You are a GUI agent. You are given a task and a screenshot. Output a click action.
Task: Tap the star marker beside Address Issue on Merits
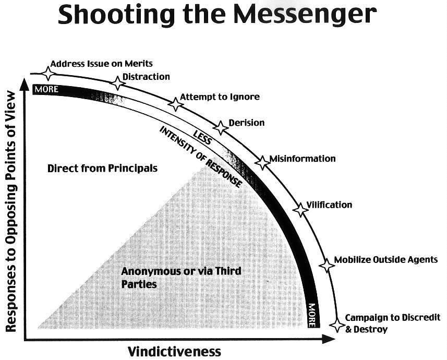pyautogui.click(x=49, y=73)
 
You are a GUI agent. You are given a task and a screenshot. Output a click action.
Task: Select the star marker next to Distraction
pyautogui.click(x=118, y=82)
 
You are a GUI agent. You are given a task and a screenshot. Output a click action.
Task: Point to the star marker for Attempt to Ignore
pyautogui.click(x=176, y=104)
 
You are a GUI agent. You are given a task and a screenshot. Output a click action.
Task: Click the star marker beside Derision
pyautogui.click(x=221, y=127)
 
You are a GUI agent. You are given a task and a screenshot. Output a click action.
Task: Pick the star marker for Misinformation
pyautogui.click(x=262, y=162)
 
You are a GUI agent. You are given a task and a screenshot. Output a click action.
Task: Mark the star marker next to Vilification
pyautogui.click(x=300, y=210)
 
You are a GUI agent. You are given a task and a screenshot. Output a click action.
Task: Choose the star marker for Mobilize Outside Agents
pyautogui.click(x=327, y=265)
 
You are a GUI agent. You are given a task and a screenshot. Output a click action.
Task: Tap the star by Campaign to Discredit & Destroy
pyautogui.click(x=337, y=325)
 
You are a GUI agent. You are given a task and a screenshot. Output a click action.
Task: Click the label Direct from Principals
pyautogui.click(x=102, y=169)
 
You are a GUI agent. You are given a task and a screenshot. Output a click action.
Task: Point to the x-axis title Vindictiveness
pyautogui.click(x=175, y=351)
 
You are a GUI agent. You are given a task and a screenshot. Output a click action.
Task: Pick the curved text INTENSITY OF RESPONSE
pyautogui.click(x=201, y=157)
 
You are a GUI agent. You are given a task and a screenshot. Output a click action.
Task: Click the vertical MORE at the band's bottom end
pyautogui.click(x=312, y=315)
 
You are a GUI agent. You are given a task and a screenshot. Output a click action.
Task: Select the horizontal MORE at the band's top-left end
pyautogui.click(x=46, y=89)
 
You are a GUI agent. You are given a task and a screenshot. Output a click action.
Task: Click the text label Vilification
pyautogui.click(x=329, y=205)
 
